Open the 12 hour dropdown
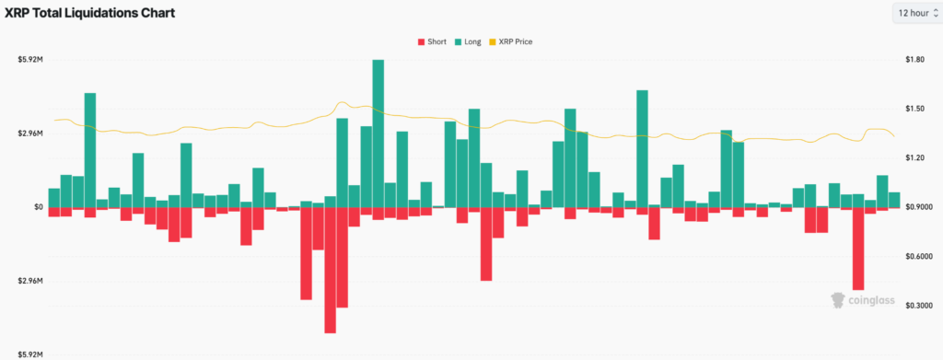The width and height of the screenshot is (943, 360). (x=915, y=13)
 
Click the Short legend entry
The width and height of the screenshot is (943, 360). (x=432, y=41)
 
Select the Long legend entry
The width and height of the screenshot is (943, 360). (x=469, y=41)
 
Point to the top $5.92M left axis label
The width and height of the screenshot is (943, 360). (x=30, y=60)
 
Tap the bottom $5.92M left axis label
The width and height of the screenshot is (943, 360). (x=30, y=354)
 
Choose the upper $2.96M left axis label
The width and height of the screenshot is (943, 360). (x=30, y=134)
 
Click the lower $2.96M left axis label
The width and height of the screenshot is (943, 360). (x=30, y=281)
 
